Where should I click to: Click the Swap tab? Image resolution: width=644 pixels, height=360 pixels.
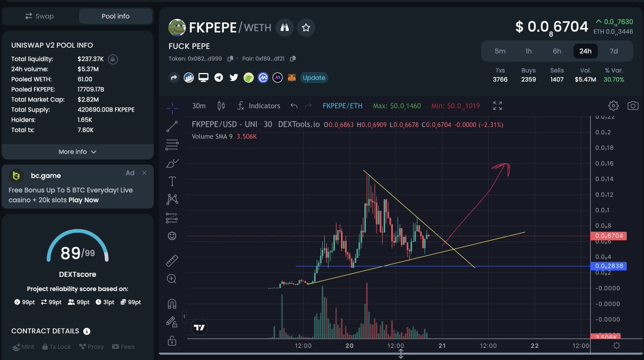point(40,16)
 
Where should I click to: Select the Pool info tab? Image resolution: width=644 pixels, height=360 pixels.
point(115,16)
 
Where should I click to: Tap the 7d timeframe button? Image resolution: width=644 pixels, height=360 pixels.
point(613,51)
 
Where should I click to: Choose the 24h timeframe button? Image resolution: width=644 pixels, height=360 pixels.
point(585,51)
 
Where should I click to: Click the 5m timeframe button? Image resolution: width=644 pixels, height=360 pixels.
point(500,51)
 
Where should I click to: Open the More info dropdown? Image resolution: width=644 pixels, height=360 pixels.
point(77,152)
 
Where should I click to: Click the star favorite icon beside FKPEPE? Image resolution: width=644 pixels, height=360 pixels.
point(306,27)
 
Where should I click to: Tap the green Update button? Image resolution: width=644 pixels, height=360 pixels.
point(313,78)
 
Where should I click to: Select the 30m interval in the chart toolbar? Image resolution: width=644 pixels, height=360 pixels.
point(199,106)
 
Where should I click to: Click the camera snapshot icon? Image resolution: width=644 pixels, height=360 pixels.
point(633,106)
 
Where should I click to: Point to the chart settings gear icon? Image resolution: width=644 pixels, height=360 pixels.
point(613,106)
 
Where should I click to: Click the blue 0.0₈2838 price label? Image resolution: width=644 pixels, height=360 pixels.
point(608,266)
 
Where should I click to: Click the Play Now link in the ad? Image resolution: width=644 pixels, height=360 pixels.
point(84,200)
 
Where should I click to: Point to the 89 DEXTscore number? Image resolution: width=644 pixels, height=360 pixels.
point(70,253)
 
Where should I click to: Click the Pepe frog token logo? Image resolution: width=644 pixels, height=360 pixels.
point(177,27)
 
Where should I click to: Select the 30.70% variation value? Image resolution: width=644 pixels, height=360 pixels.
point(614,79)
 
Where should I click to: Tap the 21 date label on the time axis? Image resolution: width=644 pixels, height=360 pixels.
point(443,346)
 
